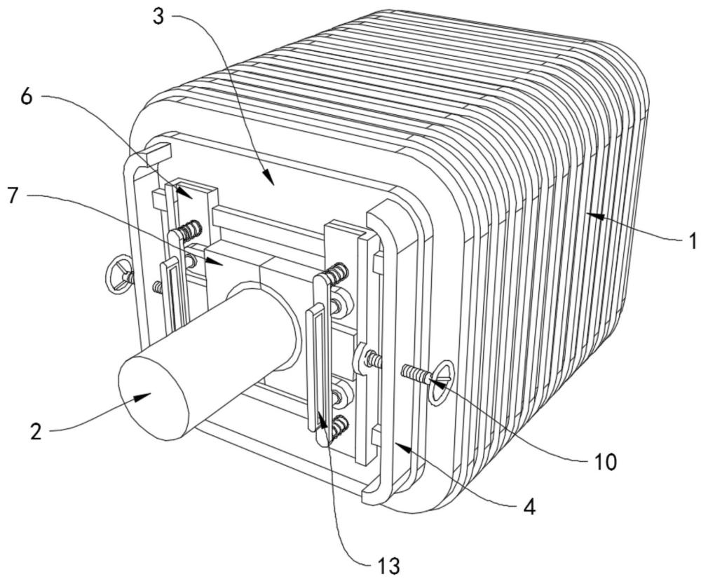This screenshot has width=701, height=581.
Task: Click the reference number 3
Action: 158,17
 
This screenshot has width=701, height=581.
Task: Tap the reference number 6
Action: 27,97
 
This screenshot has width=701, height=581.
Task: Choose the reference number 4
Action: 529,507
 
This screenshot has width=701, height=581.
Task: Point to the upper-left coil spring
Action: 189,229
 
